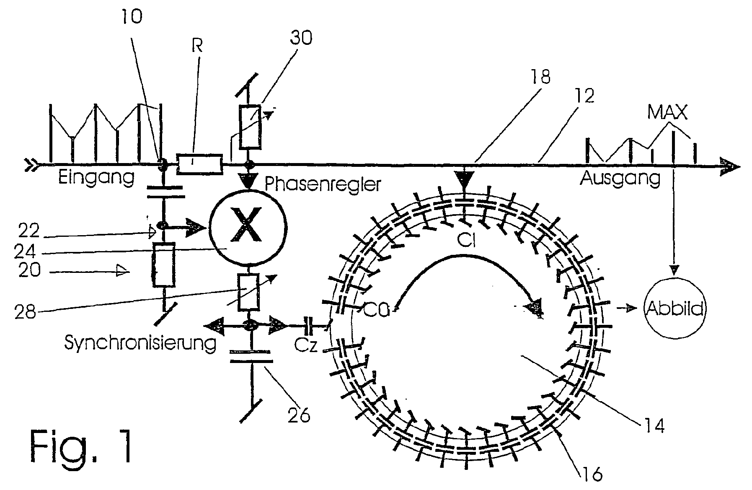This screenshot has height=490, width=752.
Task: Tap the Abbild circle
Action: pos(674,309)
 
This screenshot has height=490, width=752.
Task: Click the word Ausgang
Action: pos(620,178)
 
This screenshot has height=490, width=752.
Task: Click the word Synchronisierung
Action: pos(140,343)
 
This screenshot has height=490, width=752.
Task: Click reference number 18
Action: pos(540,77)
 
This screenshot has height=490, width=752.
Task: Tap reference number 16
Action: pos(592,474)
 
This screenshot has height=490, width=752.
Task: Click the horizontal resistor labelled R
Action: pos(200,164)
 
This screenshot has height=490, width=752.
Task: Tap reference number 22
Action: pos(29,231)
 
